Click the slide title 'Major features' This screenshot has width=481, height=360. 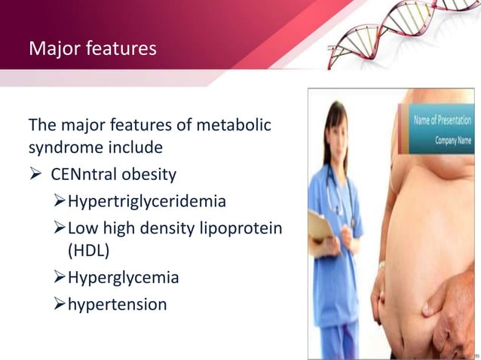coord(93,50)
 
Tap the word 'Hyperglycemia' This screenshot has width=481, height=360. coord(124,278)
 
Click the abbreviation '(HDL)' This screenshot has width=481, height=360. coord(88,252)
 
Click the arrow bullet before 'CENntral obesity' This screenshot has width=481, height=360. coord(35,175)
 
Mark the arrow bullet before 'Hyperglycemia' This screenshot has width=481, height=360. coord(61,278)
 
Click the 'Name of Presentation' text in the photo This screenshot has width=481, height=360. coord(442,121)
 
